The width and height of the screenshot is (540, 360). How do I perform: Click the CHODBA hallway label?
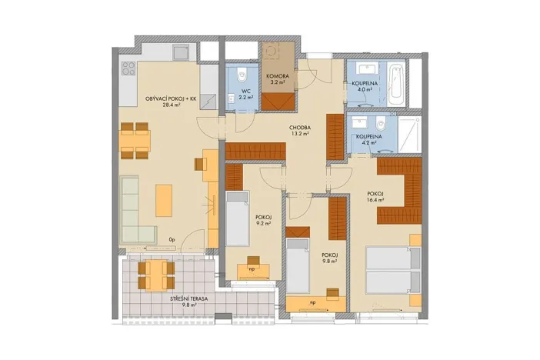click(x=299, y=127)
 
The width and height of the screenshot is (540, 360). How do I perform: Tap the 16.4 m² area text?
click(x=375, y=200)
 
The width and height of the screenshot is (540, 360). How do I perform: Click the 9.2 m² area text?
click(x=262, y=223)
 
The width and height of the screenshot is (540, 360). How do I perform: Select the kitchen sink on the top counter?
click(x=181, y=52)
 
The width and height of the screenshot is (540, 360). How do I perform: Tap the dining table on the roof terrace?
click(x=156, y=272)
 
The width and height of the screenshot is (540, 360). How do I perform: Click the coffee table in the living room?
click(x=165, y=201)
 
